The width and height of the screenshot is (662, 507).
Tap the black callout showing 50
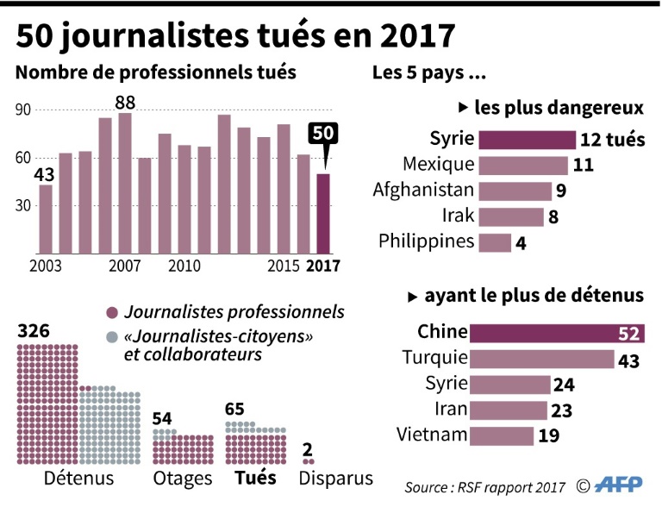pyautogui.click(x=324, y=135)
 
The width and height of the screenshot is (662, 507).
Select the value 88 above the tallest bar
pyautogui.click(x=125, y=103)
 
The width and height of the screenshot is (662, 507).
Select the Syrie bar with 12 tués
pyautogui.click(x=527, y=141)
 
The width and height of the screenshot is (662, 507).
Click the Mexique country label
pyautogui.click(x=439, y=164)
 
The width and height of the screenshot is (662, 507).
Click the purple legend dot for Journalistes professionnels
pyautogui.click(x=110, y=313)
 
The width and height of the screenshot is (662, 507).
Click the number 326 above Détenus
pyautogui.click(x=34, y=331)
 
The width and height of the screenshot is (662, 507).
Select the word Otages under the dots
pyautogui.click(x=181, y=479)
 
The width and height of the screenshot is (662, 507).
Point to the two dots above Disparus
pyautogui.click(x=308, y=462)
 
